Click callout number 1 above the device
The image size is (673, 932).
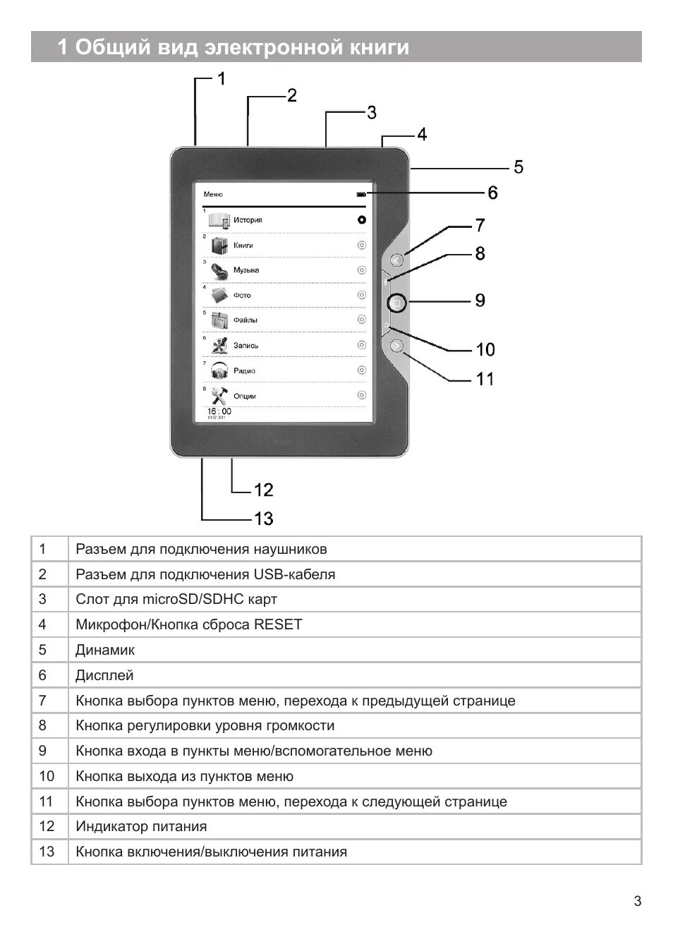(x=221, y=79)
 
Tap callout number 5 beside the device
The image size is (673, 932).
(x=519, y=167)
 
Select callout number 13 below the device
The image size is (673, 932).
(x=263, y=519)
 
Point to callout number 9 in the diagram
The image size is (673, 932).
(x=480, y=301)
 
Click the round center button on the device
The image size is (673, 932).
(x=396, y=303)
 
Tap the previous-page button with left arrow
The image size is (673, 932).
(x=396, y=260)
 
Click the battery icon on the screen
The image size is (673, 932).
(x=361, y=194)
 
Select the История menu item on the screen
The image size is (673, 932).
(x=248, y=220)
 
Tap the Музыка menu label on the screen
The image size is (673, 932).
(x=246, y=270)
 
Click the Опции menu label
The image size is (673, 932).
(x=245, y=396)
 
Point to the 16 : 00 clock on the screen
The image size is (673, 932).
(x=219, y=411)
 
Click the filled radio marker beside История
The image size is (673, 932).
(x=362, y=220)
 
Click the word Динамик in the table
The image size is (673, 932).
(x=104, y=650)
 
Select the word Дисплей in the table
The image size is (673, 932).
(x=104, y=675)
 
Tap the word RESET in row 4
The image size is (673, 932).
(x=278, y=624)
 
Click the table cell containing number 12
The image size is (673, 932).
(x=47, y=826)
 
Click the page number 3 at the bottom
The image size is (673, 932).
(x=638, y=901)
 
